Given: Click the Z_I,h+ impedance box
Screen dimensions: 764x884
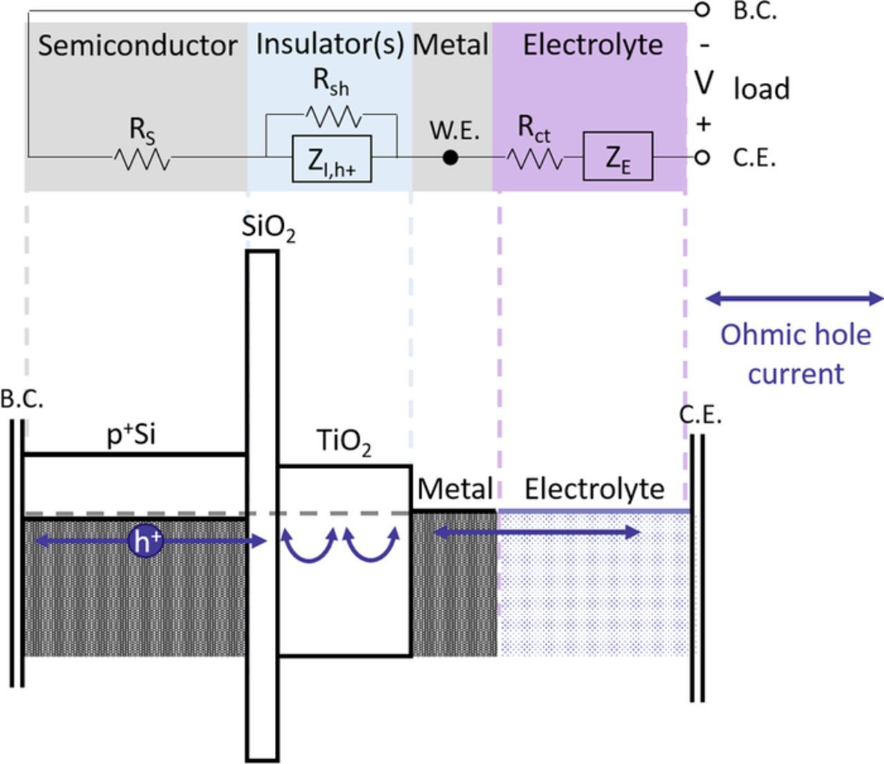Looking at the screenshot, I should (331, 159).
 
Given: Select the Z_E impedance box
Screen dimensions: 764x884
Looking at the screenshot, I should (617, 157).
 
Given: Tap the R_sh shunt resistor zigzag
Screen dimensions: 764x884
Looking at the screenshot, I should (334, 117).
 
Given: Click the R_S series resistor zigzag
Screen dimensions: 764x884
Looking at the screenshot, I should (142, 160).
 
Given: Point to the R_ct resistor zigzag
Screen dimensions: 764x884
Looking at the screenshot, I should (535, 160).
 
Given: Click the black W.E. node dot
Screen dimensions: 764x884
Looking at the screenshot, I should (450, 158).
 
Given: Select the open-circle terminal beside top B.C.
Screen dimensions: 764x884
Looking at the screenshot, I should (702, 10).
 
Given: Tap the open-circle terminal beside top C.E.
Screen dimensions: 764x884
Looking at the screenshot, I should (702, 158).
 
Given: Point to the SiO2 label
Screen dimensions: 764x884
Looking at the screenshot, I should (269, 229).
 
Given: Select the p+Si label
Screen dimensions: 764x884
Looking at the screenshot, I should (131, 436).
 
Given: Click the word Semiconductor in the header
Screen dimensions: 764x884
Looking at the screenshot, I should (137, 46).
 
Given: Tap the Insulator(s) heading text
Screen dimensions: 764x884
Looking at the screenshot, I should (329, 44).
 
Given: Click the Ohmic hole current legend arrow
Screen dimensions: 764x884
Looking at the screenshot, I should (794, 298).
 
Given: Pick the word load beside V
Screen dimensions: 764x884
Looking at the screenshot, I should (761, 89).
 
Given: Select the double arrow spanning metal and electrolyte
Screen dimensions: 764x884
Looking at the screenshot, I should (536, 532).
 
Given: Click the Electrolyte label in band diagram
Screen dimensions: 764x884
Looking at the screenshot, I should (594, 489).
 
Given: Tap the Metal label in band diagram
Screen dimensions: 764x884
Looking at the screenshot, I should (454, 489).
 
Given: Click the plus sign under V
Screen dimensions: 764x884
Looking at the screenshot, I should (703, 124).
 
